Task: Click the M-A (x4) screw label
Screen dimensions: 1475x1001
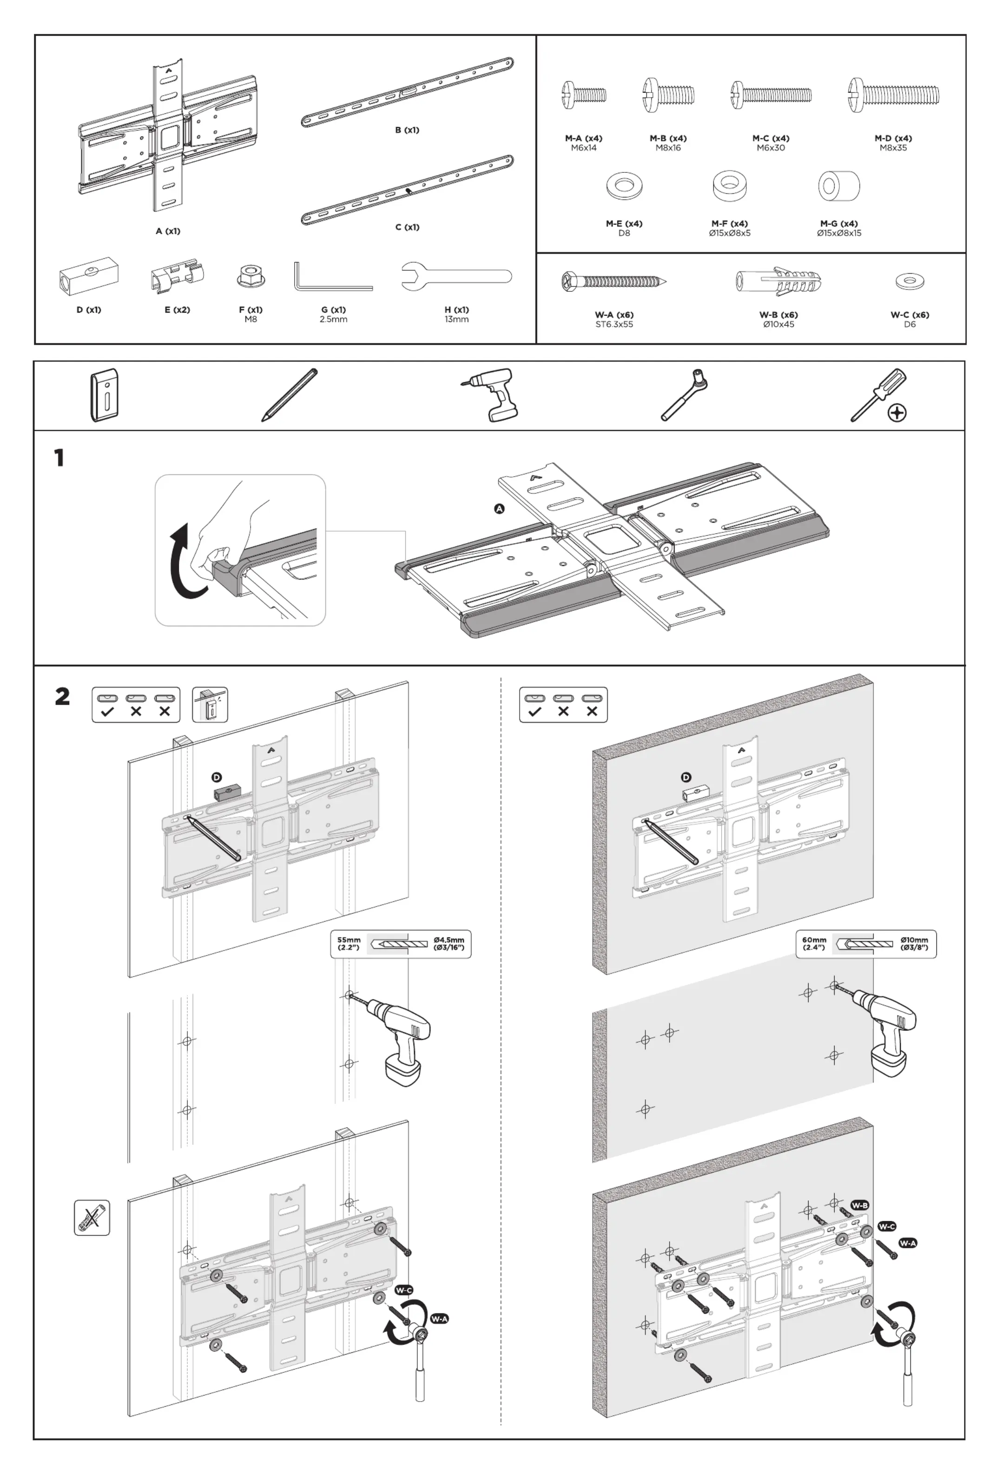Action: [583, 138]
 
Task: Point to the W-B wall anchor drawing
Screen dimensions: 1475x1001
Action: [778, 281]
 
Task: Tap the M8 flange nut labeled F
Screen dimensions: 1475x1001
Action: [250, 276]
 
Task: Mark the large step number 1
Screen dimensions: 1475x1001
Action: [59, 458]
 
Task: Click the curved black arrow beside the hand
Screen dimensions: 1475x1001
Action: [186, 561]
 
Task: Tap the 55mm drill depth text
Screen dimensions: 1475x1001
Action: [349, 944]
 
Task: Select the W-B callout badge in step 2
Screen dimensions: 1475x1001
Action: [859, 1205]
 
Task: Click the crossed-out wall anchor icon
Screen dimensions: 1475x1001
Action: [92, 1217]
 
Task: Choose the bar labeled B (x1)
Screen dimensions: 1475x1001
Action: [407, 92]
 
